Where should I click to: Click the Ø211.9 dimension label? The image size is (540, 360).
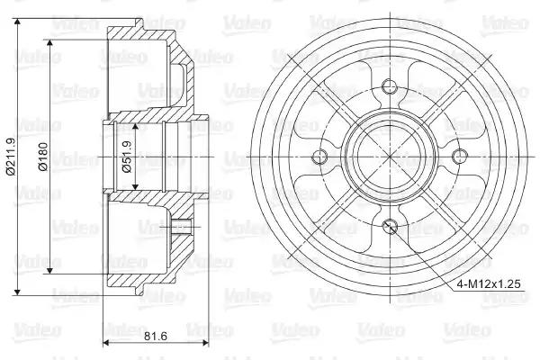[x=12, y=157]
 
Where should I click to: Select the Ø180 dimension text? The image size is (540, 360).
[x=43, y=157]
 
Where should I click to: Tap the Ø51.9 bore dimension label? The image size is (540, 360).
[x=127, y=157]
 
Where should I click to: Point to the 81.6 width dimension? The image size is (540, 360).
[x=156, y=336]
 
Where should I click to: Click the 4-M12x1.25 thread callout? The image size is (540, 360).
[x=489, y=283]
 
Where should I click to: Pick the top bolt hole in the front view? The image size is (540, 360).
[x=390, y=85]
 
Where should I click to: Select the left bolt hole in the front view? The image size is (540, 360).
[x=319, y=157]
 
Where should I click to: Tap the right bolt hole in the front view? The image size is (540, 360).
[x=458, y=157]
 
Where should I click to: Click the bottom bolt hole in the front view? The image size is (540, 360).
[x=390, y=226]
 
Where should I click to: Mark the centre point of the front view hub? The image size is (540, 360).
[x=390, y=157]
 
